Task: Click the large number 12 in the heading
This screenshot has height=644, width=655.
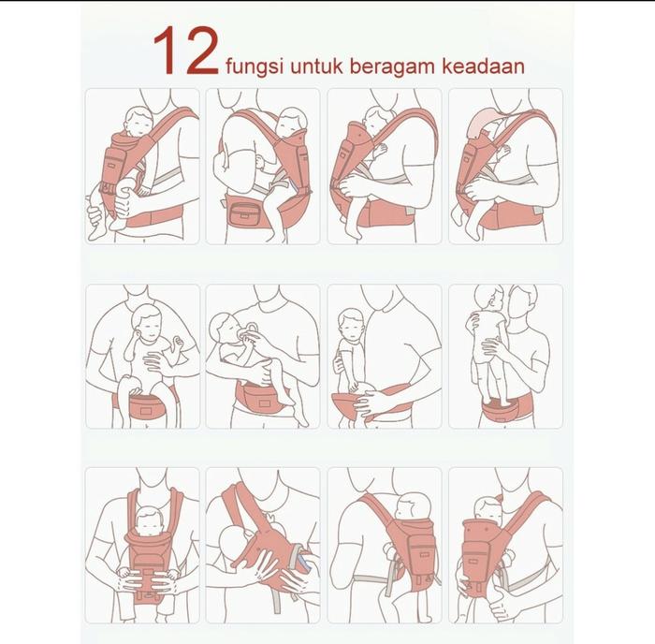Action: pyautogui.click(x=186, y=51)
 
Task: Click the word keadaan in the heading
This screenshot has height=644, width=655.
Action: pyautogui.click(x=483, y=66)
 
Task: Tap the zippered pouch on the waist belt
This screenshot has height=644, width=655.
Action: pyautogui.click(x=244, y=214)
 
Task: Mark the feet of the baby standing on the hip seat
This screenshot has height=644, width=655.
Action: pyautogui.click(x=499, y=402)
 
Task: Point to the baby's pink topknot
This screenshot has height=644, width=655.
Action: pyautogui.click(x=499, y=499)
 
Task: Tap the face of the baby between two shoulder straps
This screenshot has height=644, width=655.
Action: pyautogui.click(x=149, y=523)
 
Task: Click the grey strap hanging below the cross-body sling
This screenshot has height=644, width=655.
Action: pyautogui.click(x=277, y=601)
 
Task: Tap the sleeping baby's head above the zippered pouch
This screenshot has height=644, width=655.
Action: pyautogui.click(x=292, y=120)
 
